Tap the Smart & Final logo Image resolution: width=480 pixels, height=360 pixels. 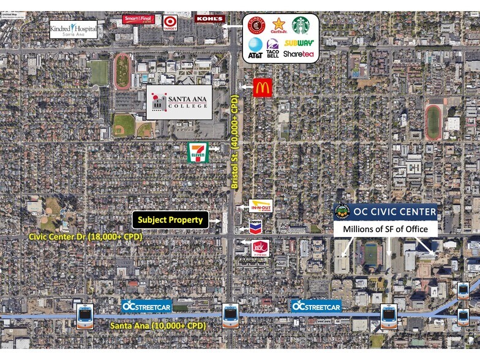point(138,19)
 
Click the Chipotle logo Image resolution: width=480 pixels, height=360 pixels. point(255,26)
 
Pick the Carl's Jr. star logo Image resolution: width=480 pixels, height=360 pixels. point(279,26)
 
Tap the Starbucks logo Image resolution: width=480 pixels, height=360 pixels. point(301,25)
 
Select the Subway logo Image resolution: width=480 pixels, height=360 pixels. point(298,43)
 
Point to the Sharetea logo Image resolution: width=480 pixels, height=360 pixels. point(298,54)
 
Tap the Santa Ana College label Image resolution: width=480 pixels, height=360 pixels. point(179,102)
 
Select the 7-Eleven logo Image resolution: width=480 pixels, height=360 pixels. point(198,152)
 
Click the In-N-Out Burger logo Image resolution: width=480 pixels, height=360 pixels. point(261,206)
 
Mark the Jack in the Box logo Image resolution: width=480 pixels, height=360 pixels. point(261,248)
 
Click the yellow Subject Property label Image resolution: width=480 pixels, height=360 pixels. point(170,219)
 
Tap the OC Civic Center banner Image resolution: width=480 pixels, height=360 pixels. point(386,212)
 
